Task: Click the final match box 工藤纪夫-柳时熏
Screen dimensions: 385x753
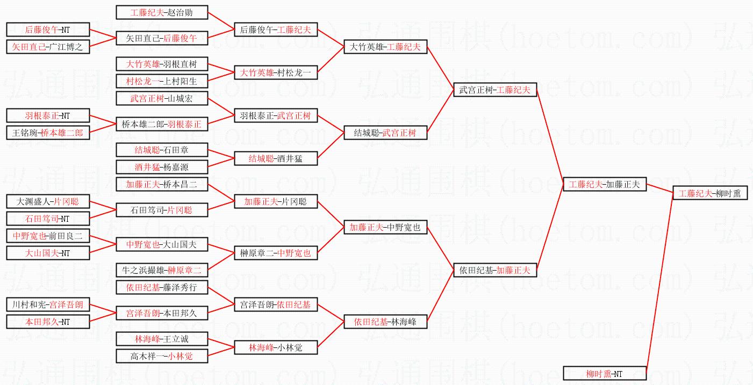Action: pyautogui.click(x=709, y=193)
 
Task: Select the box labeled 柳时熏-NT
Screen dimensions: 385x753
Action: pyautogui.click(x=604, y=373)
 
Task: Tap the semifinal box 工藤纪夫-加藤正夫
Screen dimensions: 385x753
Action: pyautogui.click(x=604, y=185)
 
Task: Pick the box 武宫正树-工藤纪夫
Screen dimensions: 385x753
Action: pyautogui.click(x=495, y=90)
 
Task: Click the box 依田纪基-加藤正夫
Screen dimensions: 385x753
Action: pyautogui.click(x=495, y=270)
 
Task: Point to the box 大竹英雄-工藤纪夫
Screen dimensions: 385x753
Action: pyautogui.click(x=385, y=47)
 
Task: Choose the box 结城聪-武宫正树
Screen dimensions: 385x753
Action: pyautogui.click(x=385, y=133)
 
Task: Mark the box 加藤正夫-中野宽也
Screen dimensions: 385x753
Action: pyautogui.click(x=385, y=228)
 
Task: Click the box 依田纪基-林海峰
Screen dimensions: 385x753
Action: pyautogui.click(x=385, y=322)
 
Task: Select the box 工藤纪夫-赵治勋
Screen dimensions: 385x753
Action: pyautogui.click(x=162, y=12)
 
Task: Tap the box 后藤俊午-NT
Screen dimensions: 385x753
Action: pyautogui.click(x=48, y=30)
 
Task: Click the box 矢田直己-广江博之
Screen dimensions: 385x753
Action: pyautogui.click(x=48, y=47)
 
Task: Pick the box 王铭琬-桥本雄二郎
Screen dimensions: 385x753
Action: pyautogui.click(x=48, y=133)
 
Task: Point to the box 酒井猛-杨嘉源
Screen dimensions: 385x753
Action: pyautogui.click(x=162, y=167)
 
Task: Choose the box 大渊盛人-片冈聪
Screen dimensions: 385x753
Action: pyautogui.click(x=48, y=202)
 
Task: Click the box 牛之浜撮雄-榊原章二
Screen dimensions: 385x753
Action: pyautogui.click(x=162, y=270)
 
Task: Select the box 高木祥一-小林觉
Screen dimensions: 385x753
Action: pyautogui.click(x=162, y=356)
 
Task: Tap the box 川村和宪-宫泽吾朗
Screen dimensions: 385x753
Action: pyautogui.click(x=48, y=305)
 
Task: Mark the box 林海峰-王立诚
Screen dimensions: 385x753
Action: pyautogui.click(x=162, y=339)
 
